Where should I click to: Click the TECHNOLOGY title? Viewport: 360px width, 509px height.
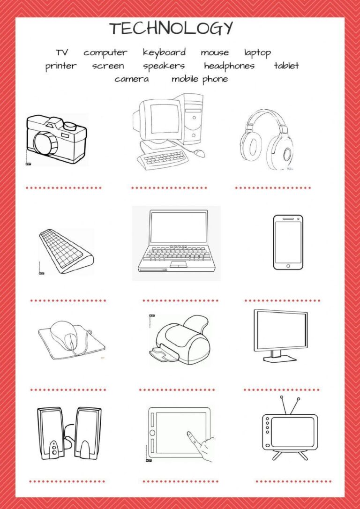pyautogui.click(x=171, y=29)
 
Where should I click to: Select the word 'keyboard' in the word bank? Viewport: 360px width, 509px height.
pyautogui.click(x=164, y=52)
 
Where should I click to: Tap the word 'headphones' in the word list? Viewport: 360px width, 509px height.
pyautogui.click(x=229, y=66)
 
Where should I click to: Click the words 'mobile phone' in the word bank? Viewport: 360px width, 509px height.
pyautogui.click(x=200, y=79)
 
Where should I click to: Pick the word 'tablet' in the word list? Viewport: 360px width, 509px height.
pyautogui.click(x=286, y=66)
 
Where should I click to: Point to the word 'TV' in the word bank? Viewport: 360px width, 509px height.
pyautogui.click(x=62, y=52)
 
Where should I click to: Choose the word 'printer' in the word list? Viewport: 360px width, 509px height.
pyautogui.click(x=60, y=66)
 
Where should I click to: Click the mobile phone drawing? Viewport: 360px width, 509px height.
pyautogui.click(x=288, y=242)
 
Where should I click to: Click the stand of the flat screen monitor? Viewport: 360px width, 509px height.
pyautogui.click(x=280, y=357)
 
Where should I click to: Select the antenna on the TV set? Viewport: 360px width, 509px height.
pyautogui.click(x=289, y=405)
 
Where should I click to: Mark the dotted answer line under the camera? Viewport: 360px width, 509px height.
pyautogui.click(x=64, y=188)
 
